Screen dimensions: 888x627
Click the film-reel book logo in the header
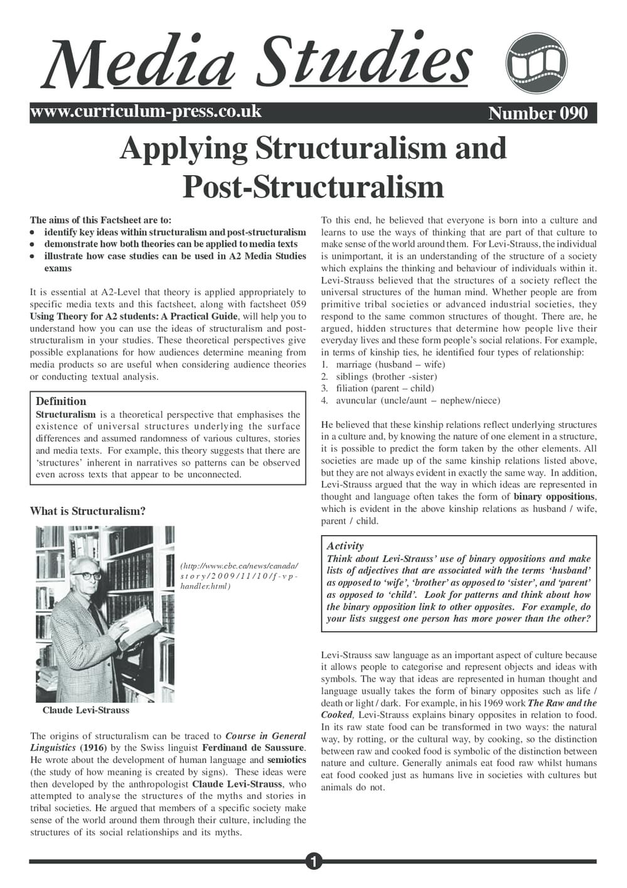(536, 63)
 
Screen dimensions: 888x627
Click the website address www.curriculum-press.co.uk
(146, 112)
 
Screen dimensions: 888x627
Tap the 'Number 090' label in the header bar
(538, 113)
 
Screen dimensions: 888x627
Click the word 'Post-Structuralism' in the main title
(313, 186)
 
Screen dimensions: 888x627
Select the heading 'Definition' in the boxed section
(61, 401)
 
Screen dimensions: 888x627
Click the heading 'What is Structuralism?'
(88, 511)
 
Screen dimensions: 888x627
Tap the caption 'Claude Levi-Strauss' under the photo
(86, 710)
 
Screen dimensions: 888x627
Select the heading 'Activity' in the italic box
(345, 546)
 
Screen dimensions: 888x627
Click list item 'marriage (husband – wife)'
(390, 364)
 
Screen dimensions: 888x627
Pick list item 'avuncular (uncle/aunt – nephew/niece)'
(418, 401)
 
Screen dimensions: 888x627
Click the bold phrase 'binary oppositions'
(554, 497)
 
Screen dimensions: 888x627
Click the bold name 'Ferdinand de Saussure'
(253, 748)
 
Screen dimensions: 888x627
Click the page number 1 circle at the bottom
(313, 862)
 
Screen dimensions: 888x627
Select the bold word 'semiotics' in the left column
(287, 760)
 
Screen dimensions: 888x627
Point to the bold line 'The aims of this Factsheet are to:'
(100, 220)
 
